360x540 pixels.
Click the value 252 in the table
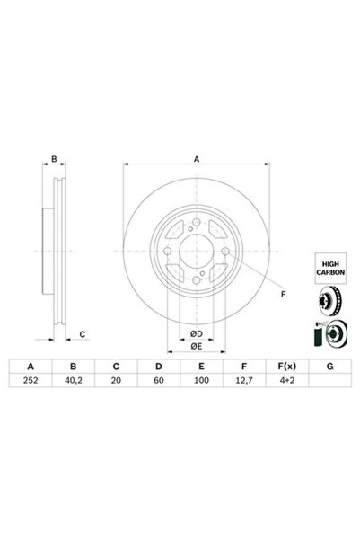click(x=31, y=381)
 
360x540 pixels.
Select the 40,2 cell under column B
click(x=74, y=381)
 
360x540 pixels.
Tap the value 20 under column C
click(x=116, y=381)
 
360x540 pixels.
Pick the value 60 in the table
click(x=159, y=381)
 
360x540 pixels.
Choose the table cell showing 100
click(x=202, y=381)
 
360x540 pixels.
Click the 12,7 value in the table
click(x=244, y=381)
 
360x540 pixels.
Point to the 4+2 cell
click(x=287, y=381)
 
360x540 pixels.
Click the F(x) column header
click(x=287, y=367)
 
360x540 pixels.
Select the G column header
click(x=330, y=367)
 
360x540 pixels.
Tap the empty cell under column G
click(x=330, y=381)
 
